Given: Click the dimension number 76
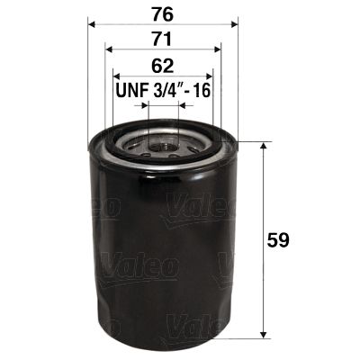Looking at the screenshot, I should pyautogui.click(x=163, y=13).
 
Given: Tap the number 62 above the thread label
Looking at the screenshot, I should pyautogui.click(x=163, y=65).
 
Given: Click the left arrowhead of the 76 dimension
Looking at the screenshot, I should pyautogui.click(x=92, y=24).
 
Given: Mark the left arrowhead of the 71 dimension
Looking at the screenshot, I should pyautogui.click(x=108, y=50).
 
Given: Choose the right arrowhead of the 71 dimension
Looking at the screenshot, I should pyautogui.click(x=219, y=50).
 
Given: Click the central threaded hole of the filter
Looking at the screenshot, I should pyautogui.click(x=163, y=141).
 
